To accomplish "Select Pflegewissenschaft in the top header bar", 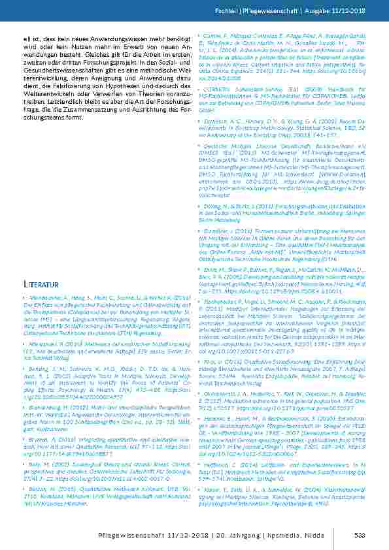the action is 269,11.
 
